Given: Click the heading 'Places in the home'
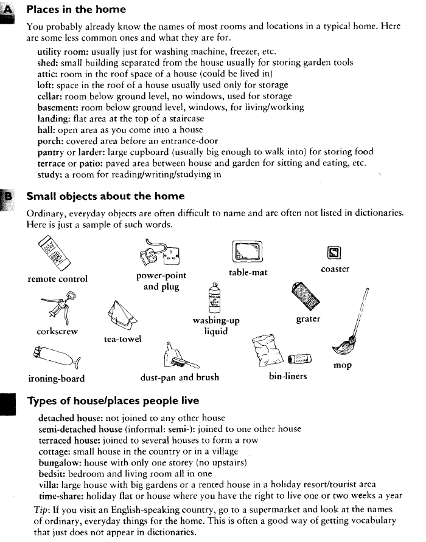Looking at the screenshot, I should [76, 10].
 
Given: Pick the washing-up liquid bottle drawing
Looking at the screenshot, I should [215, 298].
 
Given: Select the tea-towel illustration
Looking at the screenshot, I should [122, 315].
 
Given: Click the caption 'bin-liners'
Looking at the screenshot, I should [288, 377].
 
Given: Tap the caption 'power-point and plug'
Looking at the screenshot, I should [161, 281].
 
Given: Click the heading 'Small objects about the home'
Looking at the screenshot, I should [105, 197].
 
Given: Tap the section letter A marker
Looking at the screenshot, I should [8, 10].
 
